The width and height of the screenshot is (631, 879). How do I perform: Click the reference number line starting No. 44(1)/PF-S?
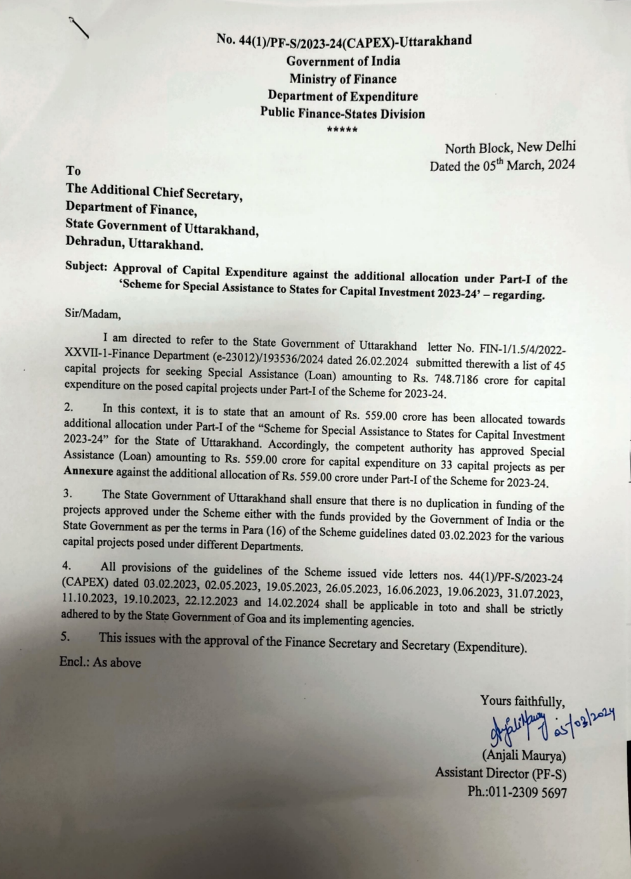[344, 41]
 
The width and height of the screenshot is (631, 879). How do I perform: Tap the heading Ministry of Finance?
[343, 79]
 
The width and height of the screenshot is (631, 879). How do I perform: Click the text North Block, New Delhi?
[510, 148]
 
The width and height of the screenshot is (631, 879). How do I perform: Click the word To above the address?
[74, 171]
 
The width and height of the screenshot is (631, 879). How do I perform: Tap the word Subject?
[86, 267]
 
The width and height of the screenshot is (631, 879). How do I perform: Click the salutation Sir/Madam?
[93, 313]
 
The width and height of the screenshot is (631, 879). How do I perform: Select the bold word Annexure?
[88, 472]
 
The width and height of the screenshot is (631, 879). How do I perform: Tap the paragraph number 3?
[67, 493]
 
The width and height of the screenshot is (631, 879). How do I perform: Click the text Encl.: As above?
[100, 663]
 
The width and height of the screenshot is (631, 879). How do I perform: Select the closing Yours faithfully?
[522, 701]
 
